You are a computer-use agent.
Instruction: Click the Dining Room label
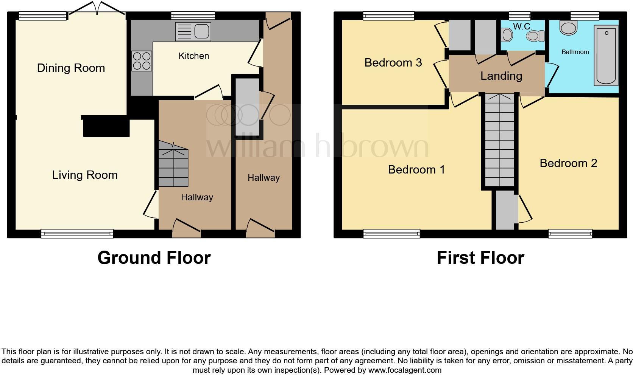[71, 68]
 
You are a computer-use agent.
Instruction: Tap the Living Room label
[85, 175]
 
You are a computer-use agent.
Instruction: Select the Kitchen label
[193, 56]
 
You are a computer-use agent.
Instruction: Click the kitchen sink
[193, 31]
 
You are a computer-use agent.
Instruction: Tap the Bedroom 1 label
[416, 170]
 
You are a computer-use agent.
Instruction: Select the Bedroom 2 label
[568, 163]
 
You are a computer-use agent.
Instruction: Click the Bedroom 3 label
[393, 63]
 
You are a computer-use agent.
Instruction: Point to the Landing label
[501, 76]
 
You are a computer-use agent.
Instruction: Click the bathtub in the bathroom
[606, 55]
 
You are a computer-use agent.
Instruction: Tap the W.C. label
[522, 26]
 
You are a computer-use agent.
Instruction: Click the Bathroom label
[575, 52]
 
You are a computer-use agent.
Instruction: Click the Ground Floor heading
[154, 258]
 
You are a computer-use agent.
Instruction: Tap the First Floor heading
[480, 258]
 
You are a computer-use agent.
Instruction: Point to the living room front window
[77, 234]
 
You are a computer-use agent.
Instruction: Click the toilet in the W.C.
[535, 36]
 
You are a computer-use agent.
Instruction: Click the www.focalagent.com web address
[404, 370]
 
